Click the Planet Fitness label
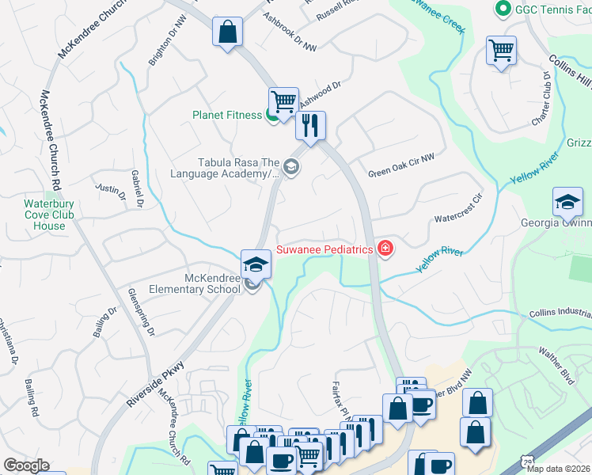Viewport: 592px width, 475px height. tap(227, 115)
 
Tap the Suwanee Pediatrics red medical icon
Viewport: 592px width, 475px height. tap(385, 249)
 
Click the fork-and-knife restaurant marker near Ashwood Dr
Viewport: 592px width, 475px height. tap(310, 125)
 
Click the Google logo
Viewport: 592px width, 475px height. tap(26, 465)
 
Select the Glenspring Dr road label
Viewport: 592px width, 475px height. tap(141, 312)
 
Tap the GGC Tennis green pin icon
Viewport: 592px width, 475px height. tap(501, 9)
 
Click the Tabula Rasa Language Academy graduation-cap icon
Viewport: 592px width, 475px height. tap(291, 166)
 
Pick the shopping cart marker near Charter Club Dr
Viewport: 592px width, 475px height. tap(502, 51)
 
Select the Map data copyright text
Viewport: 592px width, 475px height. tap(557, 469)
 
